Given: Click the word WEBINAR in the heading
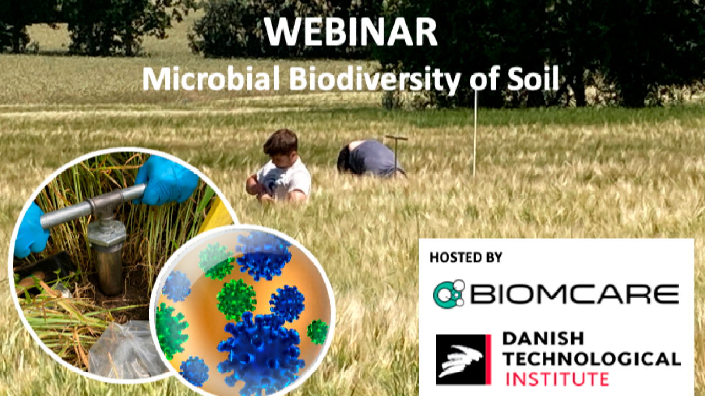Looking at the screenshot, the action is [x=350, y=32].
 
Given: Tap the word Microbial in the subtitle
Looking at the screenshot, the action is [x=211, y=79].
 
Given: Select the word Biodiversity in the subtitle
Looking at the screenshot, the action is [x=375, y=80].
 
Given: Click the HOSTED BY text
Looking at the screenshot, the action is [x=466, y=257].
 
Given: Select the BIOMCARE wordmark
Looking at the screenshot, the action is [x=574, y=294].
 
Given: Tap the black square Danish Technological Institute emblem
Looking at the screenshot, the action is [x=463, y=360].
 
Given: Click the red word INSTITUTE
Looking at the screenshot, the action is [x=557, y=379].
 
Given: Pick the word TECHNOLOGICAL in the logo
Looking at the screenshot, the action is [x=592, y=359].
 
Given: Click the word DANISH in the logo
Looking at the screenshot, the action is [x=543, y=338].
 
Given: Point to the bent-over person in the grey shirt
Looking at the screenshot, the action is [x=370, y=158].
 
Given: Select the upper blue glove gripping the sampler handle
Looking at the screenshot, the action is [x=166, y=180].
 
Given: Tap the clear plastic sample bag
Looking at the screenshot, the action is [x=126, y=349].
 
